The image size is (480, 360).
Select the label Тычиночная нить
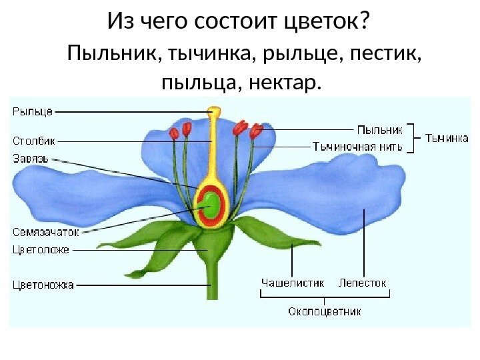click(358, 147)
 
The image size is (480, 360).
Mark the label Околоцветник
click(325, 311)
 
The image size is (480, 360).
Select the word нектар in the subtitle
click(287, 83)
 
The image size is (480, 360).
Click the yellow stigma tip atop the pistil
click(213, 111)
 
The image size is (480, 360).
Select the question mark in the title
click(364, 22)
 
